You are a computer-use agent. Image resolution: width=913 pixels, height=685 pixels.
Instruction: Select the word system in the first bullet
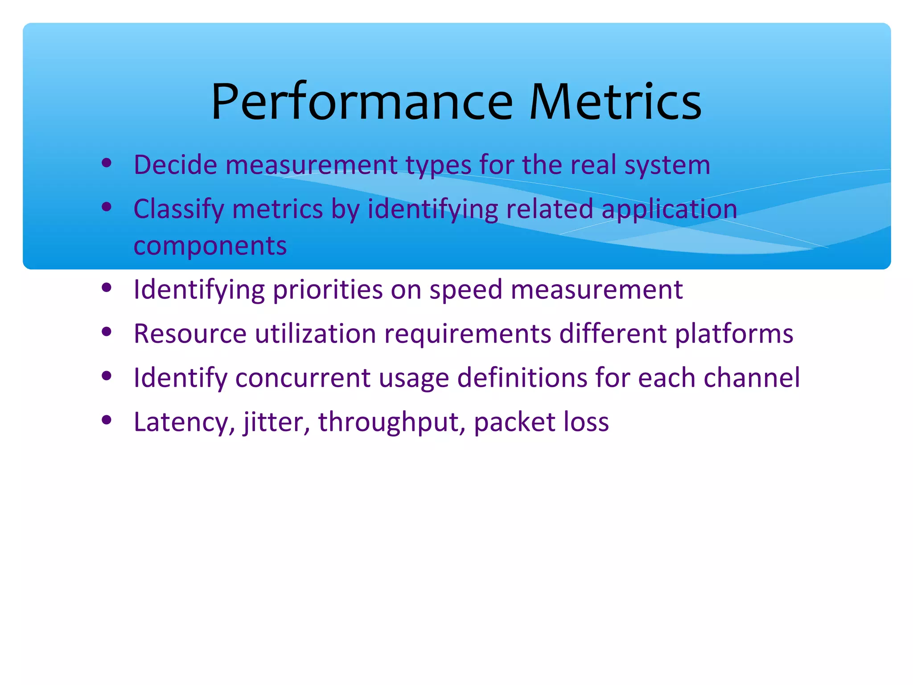667,165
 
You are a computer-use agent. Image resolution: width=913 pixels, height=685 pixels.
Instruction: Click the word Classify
178,209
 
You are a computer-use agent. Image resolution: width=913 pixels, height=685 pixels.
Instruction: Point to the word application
669,209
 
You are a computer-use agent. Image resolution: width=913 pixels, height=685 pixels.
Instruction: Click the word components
210,246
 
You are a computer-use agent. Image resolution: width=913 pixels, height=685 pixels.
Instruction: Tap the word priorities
328,289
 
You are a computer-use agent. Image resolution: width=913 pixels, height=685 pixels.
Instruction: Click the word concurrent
303,378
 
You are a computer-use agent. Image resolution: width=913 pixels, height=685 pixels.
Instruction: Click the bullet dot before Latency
106,420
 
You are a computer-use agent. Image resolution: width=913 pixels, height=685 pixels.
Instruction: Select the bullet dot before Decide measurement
106,163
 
